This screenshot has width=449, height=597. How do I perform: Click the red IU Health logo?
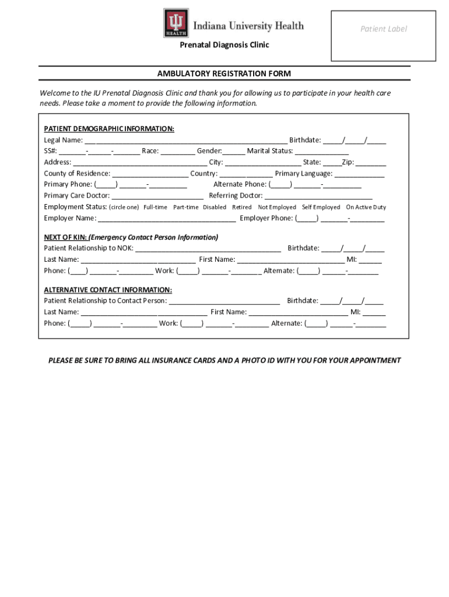(x=176, y=23)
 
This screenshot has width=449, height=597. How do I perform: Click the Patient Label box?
(x=383, y=36)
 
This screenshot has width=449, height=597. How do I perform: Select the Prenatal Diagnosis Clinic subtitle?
(x=224, y=45)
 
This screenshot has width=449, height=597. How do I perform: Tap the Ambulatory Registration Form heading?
(x=224, y=73)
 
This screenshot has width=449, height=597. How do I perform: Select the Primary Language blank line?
(x=359, y=174)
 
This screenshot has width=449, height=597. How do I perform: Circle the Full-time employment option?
(x=155, y=207)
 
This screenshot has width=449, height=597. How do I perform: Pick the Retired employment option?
(x=241, y=207)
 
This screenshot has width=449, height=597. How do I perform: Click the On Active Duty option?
(x=366, y=207)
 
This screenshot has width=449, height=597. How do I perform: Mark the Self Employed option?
(x=321, y=207)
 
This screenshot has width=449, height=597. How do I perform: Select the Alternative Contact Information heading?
(x=108, y=290)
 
